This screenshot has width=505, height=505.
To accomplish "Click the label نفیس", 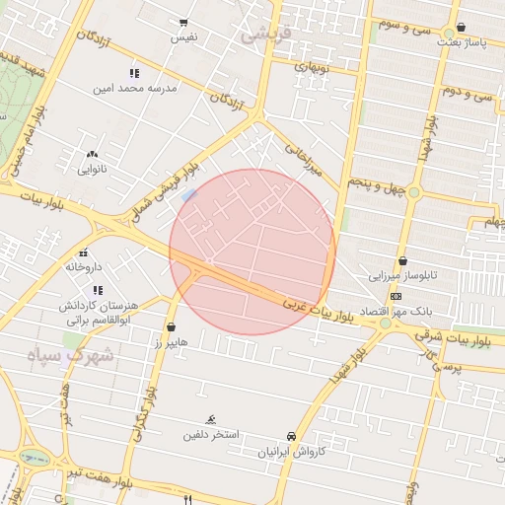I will point(184,36).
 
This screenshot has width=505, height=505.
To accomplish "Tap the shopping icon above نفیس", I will point(184,23).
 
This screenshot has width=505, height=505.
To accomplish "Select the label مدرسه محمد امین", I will point(135,88).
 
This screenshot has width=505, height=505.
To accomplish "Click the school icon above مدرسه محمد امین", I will point(135,73).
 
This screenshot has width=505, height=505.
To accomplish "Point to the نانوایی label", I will point(93,169).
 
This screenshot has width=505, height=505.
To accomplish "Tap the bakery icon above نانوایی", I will point(93,155).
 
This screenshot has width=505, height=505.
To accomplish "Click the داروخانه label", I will point(84,266).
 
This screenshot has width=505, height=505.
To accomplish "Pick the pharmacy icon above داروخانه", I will point(84,252).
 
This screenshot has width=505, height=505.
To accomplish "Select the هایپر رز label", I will point(172,341).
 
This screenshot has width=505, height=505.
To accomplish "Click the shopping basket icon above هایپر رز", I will point(172,326).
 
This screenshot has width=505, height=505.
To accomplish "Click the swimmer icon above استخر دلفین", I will point(209,419).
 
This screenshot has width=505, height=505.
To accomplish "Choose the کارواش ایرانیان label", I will point(291,451).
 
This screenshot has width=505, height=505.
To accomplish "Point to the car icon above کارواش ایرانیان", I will point(291,436).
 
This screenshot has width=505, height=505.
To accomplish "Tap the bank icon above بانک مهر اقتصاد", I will point(397,296).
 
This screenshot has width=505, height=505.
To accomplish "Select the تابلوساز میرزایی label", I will point(402,275).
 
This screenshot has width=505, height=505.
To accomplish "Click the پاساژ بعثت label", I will point(463,42).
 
